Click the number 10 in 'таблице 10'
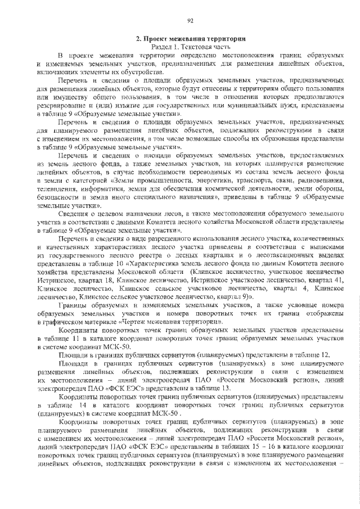pos(123,263)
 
